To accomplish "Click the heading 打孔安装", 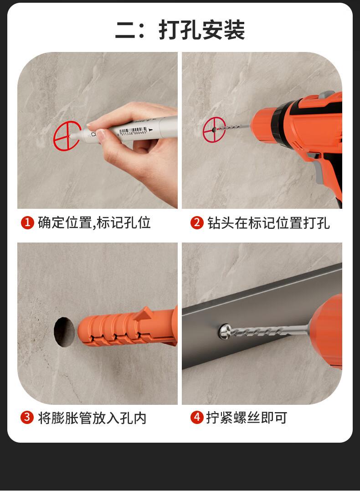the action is [202, 30].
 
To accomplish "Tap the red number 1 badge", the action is [27, 222].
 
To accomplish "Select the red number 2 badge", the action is [197, 222].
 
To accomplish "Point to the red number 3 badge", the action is [27, 418].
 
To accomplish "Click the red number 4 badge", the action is [197, 418].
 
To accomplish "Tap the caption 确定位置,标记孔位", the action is [94, 222].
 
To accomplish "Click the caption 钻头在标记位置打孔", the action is [268, 223].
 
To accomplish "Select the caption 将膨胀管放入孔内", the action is [92, 418].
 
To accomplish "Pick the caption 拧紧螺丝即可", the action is [247, 418].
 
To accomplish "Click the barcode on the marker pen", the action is [133, 131].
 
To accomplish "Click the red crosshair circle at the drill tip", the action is [214, 129].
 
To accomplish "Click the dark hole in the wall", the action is [64, 332].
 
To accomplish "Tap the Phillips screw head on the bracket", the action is [225, 331].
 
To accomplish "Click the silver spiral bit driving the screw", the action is [267, 331].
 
